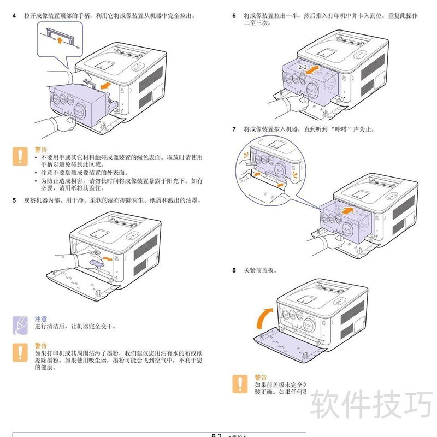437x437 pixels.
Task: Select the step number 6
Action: pos(234,16)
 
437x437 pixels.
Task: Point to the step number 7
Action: pos(234,129)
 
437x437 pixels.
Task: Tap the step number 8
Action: pos(234,270)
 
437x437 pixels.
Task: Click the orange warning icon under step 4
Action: pos(20,156)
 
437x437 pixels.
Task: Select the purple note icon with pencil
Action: pos(20,324)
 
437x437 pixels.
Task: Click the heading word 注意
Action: pos(40,318)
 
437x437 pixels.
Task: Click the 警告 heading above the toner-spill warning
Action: pos(40,346)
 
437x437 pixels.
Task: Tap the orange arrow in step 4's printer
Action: pos(108,86)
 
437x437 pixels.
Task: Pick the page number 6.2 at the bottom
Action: pos(216,435)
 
